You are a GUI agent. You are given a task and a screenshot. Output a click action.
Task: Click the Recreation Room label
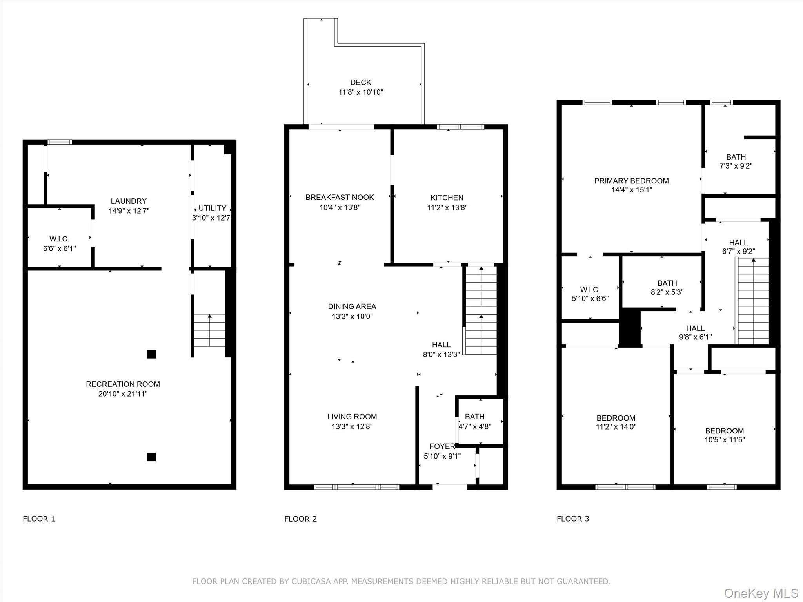(123, 384)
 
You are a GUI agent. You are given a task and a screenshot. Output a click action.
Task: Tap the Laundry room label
(129, 201)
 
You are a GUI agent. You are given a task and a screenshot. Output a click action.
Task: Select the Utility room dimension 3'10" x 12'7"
(212, 218)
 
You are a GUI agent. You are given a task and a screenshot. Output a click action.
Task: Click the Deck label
(361, 82)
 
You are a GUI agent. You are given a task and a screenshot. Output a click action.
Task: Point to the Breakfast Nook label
(340, 198)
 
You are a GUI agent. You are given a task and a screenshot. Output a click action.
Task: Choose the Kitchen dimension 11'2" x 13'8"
(447, 208)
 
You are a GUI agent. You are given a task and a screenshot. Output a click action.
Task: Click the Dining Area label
(352, 306)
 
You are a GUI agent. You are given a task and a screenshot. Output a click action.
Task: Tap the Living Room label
(352, 417)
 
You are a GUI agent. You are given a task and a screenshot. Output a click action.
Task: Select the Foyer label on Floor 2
(442, 446)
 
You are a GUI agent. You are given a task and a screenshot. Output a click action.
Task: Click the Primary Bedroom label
(631, 181)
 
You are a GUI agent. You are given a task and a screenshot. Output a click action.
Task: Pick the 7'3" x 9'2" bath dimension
(736, 166)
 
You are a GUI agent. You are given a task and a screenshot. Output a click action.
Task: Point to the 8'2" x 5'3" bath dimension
(667, 292)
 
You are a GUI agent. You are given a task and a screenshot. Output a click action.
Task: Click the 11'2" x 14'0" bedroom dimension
(616, 427)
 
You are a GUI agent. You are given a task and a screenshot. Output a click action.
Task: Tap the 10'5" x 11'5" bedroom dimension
(725, 440)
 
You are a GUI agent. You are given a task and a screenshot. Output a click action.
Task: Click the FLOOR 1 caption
(39, 519)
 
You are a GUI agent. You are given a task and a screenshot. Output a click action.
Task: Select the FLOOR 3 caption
(573, 519)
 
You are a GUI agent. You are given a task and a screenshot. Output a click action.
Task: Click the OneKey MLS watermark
(761, 593)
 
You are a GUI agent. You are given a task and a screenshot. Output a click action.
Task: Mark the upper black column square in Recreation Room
(151, 354)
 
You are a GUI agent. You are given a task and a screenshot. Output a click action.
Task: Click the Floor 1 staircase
(210, 330)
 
